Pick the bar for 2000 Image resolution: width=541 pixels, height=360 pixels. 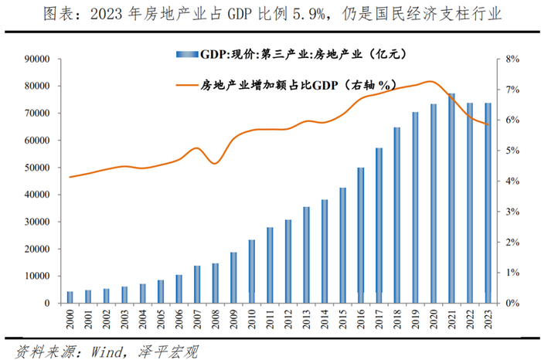point(70,297)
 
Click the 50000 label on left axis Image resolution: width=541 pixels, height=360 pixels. point(39,168)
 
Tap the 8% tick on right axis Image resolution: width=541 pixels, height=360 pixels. point(500,59)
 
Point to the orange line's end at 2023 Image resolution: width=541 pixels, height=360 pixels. point(488,124)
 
